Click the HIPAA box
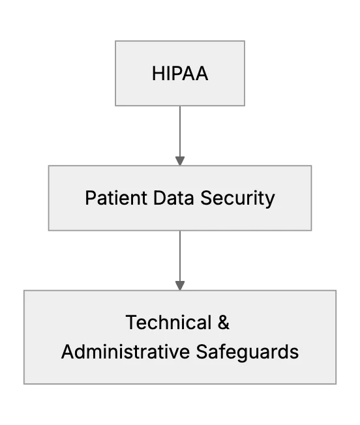click(x=180, y=73)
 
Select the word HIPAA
click(x=180, y=74)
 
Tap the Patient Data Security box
click(x=180, y=198)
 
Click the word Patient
click(x=116, y=198)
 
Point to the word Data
click(x=173, y=198)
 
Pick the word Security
click(x=237, y=198)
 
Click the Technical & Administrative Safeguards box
click(x=180, y=337)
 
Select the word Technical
click(x=169, y=322)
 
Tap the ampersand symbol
click(x=224, y=322)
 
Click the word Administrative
click(x=125, y=351)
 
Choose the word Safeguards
click(x=247, y=353)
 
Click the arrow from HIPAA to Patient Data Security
click(x=180, y=136)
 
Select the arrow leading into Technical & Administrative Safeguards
click(x=180, y=261)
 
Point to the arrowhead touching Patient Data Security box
click(x=180, y=161)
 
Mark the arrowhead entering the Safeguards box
click(x=180, y=286)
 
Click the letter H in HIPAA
click(x=158, y=74)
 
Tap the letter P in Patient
click(x=91, y=198)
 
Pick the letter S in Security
click(x=206, y=198)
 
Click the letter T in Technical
click(x=131, y=322)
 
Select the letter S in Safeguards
click(x=202, y=351)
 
